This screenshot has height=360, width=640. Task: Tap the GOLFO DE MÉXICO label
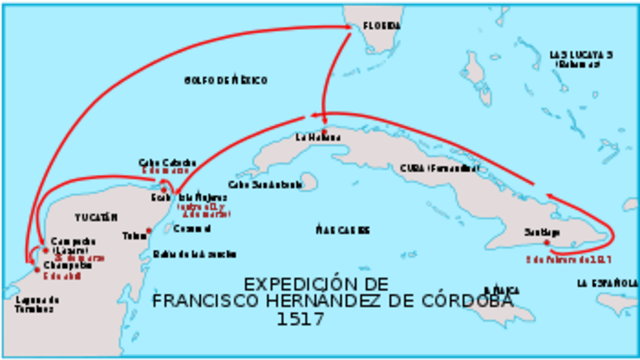tap(225, 79)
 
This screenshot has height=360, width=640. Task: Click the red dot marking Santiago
tap(547, 242)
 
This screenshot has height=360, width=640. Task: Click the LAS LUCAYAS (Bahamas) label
tap(581, 58)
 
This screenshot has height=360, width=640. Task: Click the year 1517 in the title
tap(300, 320)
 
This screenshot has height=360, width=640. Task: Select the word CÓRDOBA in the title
tap(443, 302)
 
